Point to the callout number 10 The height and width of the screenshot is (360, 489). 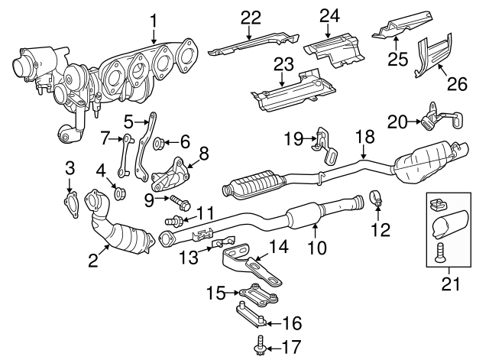click(316, 247)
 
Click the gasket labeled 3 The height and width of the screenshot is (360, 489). click(70, 202)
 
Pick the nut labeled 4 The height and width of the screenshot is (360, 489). click(118, 191)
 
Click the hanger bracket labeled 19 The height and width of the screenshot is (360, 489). click(325, 145)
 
